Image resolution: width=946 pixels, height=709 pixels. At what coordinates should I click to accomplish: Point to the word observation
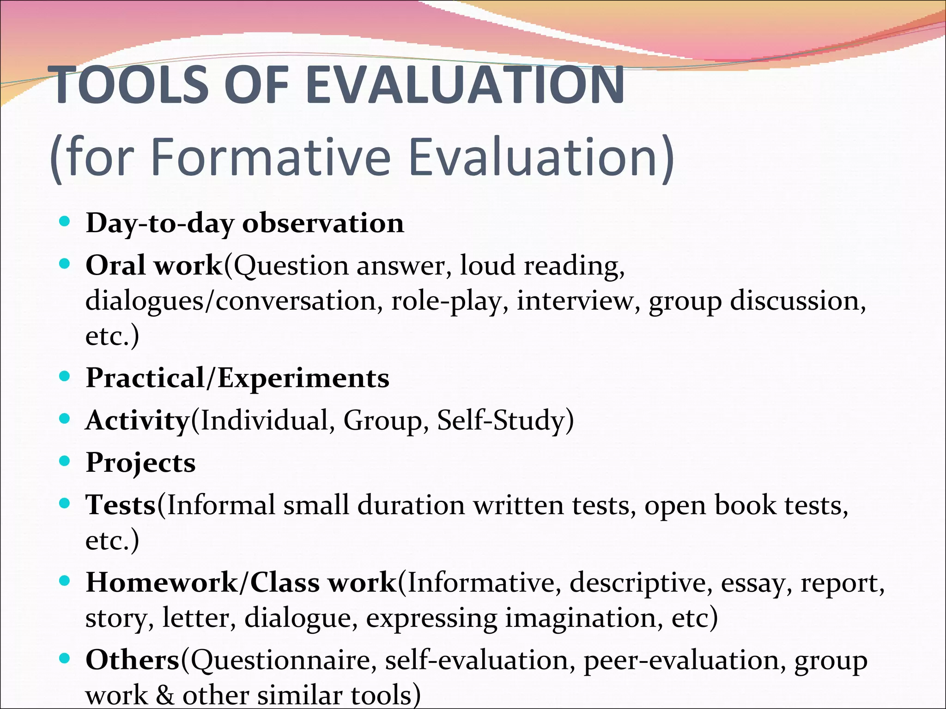click(x=323, y=223)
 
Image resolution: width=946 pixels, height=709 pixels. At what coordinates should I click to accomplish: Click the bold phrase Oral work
click(x=154, y=265)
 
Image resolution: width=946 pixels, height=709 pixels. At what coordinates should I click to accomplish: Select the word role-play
click(x=446, y=301)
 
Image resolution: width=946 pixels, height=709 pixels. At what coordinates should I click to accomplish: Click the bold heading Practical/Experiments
click(x=237, y=379)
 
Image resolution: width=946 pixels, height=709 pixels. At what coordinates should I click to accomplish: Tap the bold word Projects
click(x=140, y=463)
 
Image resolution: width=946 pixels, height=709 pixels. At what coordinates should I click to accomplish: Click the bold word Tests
click(x=121, y=505)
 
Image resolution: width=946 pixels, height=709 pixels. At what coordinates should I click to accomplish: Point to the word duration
click(x=411, y=505)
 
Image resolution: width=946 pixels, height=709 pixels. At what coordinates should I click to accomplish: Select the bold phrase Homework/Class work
click(x=241, y=583)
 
